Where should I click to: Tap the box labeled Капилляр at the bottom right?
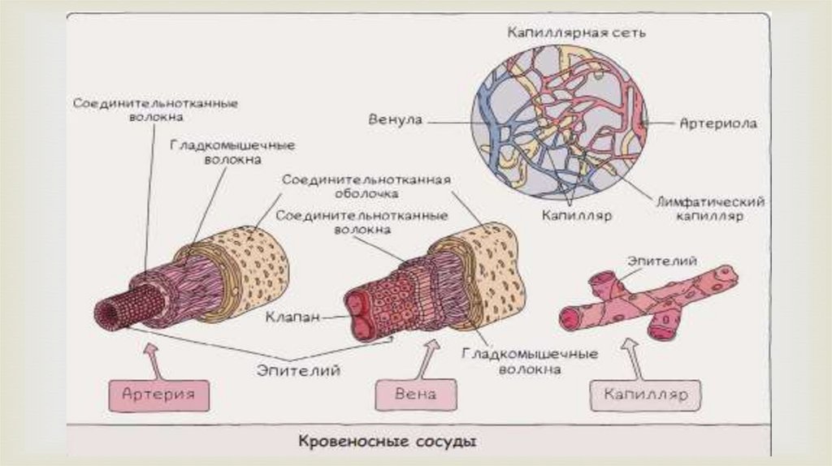pos(645,395)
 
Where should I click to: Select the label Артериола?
pos(717,124)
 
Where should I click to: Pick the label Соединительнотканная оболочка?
pos(365,187)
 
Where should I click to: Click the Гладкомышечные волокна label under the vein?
pos(530,361)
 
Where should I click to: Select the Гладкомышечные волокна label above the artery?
pos(232,152)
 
